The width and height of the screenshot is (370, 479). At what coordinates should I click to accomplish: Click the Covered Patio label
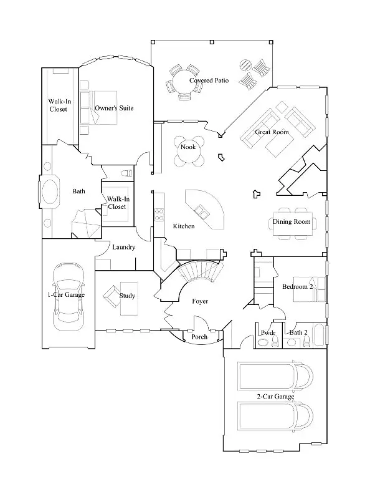pyautogui.click(x=209, y=80)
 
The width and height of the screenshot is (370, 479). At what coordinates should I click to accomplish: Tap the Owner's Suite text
pyautogui.click(x=114, y=108)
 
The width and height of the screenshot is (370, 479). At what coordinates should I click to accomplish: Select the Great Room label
pyautogui.click(x=272, y=132)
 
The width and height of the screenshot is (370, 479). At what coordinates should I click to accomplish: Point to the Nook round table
pyautogui.click(x=188, y=150)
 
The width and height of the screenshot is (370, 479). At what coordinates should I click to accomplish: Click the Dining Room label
pyautogui.click(x=292, y=221)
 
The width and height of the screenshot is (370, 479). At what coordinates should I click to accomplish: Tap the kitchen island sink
pyautogui.click(x=201, y=210)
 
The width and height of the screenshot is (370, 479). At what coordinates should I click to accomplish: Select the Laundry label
pyautogui.click(x=123, y=247)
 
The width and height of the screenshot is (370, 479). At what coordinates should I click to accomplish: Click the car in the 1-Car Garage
pyautogui.click(x=69, y=296)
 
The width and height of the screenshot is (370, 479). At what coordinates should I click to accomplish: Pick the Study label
pyautogui.click(x=127, y=296)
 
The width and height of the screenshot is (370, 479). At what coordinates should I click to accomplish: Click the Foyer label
pyautogui.click(x=200, y=301)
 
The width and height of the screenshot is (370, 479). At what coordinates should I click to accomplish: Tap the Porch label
pyautogui.click(x=199, y=337)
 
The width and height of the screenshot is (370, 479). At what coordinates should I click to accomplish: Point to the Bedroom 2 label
pyautogui.click(x=297, y=286)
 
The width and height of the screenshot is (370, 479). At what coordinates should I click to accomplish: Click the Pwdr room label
pyautogui.click(x=268, y=332)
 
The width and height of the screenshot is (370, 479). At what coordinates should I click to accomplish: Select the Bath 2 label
pyautogui.click(x=298, y=332)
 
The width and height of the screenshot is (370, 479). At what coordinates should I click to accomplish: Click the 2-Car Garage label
pyautogui.click(x=275, y=397)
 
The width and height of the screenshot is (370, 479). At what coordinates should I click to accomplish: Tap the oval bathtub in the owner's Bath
pyautogui.click(x=50, y=192)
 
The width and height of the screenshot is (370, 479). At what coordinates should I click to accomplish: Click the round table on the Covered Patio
pyautogui.click(x=185, y=82)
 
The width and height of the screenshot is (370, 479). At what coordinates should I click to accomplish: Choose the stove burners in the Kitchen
pyautogui.click(x=159, y=214)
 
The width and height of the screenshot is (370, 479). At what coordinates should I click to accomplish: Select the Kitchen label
pyautogui.click(x=184, y=226)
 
